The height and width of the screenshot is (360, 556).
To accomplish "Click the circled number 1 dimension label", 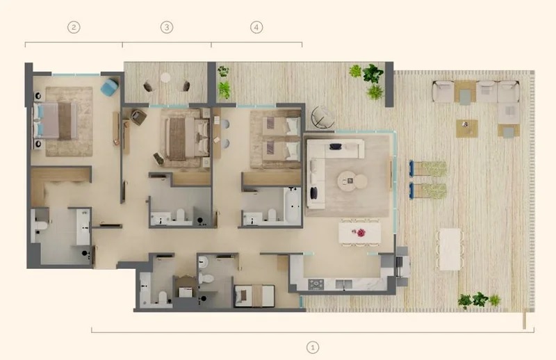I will pos(313,346).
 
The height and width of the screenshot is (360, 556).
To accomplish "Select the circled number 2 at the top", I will pos(74,27).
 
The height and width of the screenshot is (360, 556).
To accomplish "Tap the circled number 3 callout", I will pos(167,27).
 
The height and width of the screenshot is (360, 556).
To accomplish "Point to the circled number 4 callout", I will pos(257,27).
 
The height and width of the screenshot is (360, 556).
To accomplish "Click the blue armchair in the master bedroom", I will pos(109,87).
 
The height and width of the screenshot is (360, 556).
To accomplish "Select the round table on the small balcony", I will pos(167,79).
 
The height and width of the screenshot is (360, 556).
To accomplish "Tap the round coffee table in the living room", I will pos(352,181).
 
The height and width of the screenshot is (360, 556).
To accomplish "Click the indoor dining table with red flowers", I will pos(359,232).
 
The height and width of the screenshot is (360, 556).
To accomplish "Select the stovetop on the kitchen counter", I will pos(316,284).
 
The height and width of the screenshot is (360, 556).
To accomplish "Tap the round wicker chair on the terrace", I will pos(322,117).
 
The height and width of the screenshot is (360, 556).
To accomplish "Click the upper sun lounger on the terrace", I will pos(427,168).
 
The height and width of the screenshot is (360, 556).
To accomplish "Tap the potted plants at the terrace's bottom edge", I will pos(479,300).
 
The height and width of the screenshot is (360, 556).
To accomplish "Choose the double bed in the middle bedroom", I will pos(185,136).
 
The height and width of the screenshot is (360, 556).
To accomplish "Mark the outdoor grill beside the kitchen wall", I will pos(401,263).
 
